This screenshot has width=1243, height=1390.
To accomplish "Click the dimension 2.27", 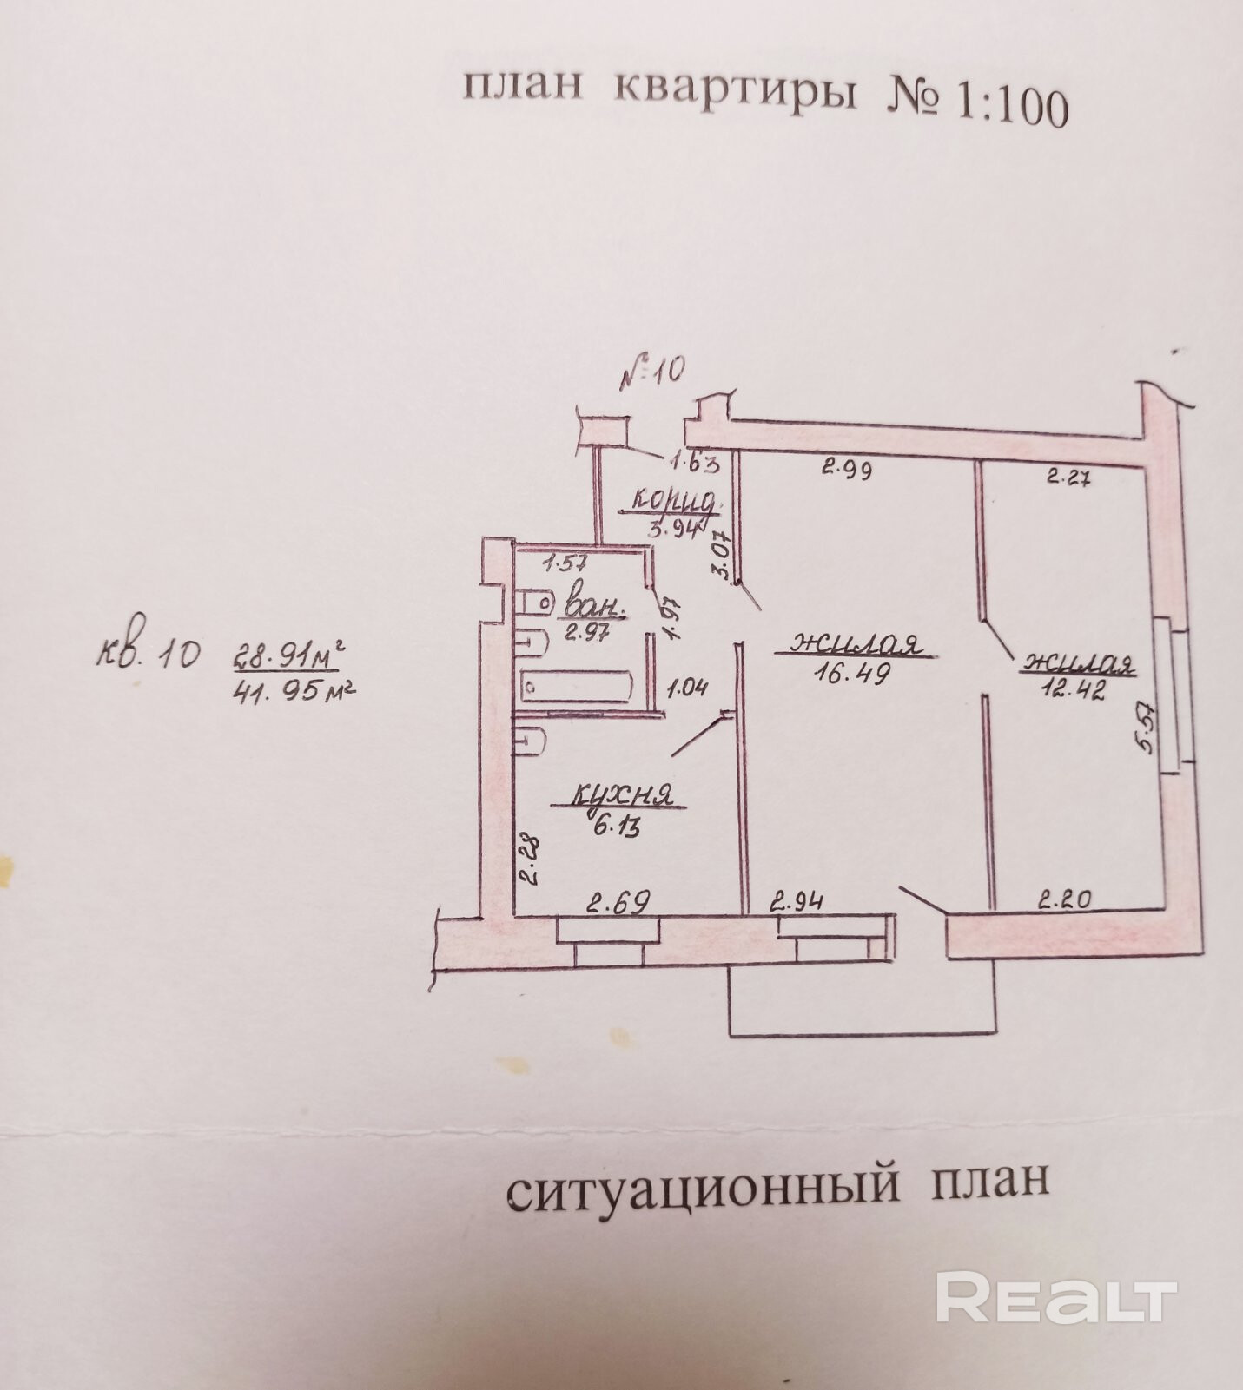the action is pos(1068,476).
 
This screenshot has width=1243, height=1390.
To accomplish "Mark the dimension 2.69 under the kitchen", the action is pos(618,904).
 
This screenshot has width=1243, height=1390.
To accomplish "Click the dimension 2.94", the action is pos(797,902).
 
